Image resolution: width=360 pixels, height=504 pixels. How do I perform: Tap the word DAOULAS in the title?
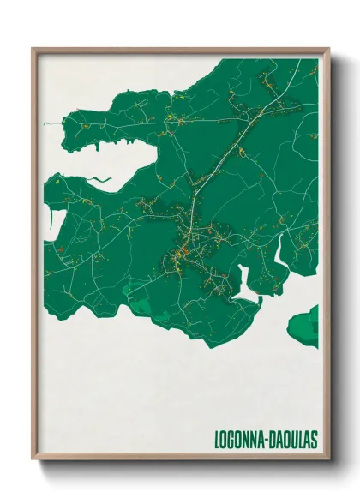click(x=293, y=440)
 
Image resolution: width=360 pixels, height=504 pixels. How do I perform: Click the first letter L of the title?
click(x=216, y=440)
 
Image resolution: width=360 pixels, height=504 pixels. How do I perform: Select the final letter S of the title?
click(x=315, y=440)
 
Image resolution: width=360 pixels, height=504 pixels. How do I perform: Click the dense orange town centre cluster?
click(x=183, y=252)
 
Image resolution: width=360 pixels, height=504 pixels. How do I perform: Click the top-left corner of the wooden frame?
click(x=33, y=49)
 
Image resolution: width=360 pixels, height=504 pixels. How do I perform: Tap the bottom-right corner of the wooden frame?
click(x=328, y=459)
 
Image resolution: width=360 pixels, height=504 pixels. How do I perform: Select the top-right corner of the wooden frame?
click(x=328, y=49)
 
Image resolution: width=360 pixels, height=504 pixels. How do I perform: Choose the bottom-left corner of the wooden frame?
click(x=33, y=459)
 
